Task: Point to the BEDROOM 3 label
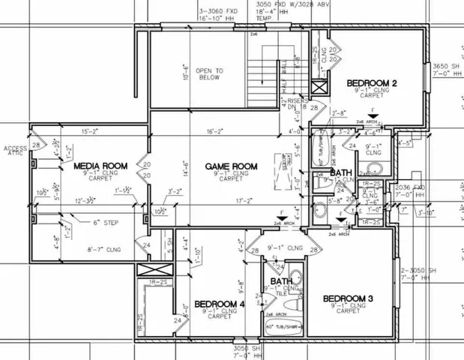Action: pos(348,298)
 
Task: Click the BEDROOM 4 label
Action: pos(220,304)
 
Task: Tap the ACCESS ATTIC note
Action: pos(15,151)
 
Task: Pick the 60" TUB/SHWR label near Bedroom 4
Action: pos(282,327)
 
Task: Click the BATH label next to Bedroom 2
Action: pos(342,173)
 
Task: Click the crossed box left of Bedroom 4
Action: pos(149,272)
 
